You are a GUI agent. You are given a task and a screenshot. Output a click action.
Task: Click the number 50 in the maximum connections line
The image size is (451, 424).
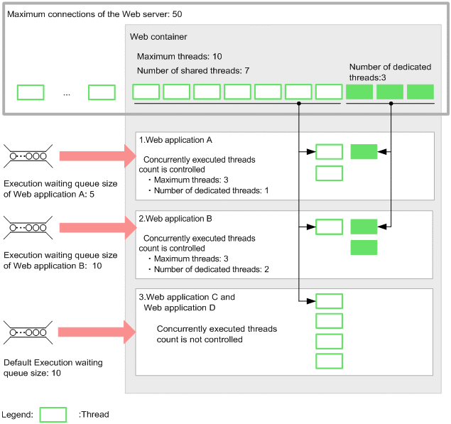pos(177,14)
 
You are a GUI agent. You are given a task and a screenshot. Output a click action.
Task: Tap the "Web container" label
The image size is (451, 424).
pos(158,37)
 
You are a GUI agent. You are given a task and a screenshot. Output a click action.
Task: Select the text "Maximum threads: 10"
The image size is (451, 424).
pos(179,56)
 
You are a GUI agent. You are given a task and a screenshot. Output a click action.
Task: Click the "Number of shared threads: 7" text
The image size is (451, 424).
pos(193,71)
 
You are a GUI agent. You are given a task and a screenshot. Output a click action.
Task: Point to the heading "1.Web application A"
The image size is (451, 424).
pos(175,140)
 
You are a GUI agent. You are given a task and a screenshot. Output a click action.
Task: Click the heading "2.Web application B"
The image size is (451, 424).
pos(175,219)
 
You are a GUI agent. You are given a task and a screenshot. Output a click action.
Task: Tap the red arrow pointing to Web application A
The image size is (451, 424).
pos(98,156)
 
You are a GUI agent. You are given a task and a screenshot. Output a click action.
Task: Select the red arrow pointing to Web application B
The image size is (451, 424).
pos(98,228)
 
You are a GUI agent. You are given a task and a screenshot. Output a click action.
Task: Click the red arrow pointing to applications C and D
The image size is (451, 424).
pos(97,332)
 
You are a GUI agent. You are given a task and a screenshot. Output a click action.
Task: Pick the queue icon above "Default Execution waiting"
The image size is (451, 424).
pos(28,332)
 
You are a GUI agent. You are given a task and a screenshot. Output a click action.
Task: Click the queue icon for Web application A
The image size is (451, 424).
pos(28,156)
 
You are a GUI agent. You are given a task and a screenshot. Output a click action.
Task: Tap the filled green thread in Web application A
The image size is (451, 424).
pos(364,151)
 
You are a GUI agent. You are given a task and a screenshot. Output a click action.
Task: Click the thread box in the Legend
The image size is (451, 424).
pos(53,415)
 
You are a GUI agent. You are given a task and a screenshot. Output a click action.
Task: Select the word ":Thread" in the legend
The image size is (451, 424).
pos(94,415)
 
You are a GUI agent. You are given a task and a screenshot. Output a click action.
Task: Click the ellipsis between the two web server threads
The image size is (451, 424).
pos(67,94)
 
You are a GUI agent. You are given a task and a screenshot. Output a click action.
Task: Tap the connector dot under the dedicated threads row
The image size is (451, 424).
pos(391,103)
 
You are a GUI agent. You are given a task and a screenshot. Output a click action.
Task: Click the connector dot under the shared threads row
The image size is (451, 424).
pos(299,103)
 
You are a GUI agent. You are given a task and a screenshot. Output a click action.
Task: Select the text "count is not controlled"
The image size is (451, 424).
pos(200,339)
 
